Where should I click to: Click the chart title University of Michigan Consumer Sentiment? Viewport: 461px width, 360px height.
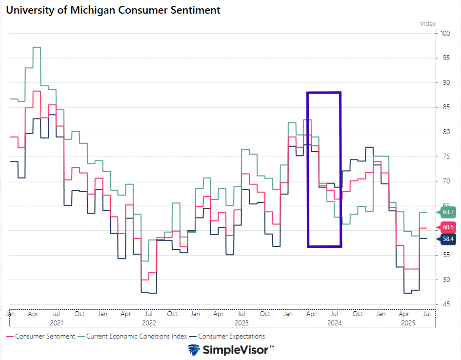[x=113, y=10]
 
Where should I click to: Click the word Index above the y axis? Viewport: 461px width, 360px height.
[x=428, y=23]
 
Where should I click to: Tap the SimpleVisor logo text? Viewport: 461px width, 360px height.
[x=239, y=350]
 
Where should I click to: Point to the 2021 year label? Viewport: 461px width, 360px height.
[x=57, y=323]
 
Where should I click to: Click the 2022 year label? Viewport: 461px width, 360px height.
[x=149, y=323]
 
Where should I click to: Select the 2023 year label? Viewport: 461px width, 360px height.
[x=241, y=323]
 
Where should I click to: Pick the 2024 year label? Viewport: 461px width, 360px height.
[x=334, y=323]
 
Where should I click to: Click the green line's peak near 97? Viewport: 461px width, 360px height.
[x=37, y=47]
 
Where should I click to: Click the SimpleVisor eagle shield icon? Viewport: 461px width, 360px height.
[x=194, y=350]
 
